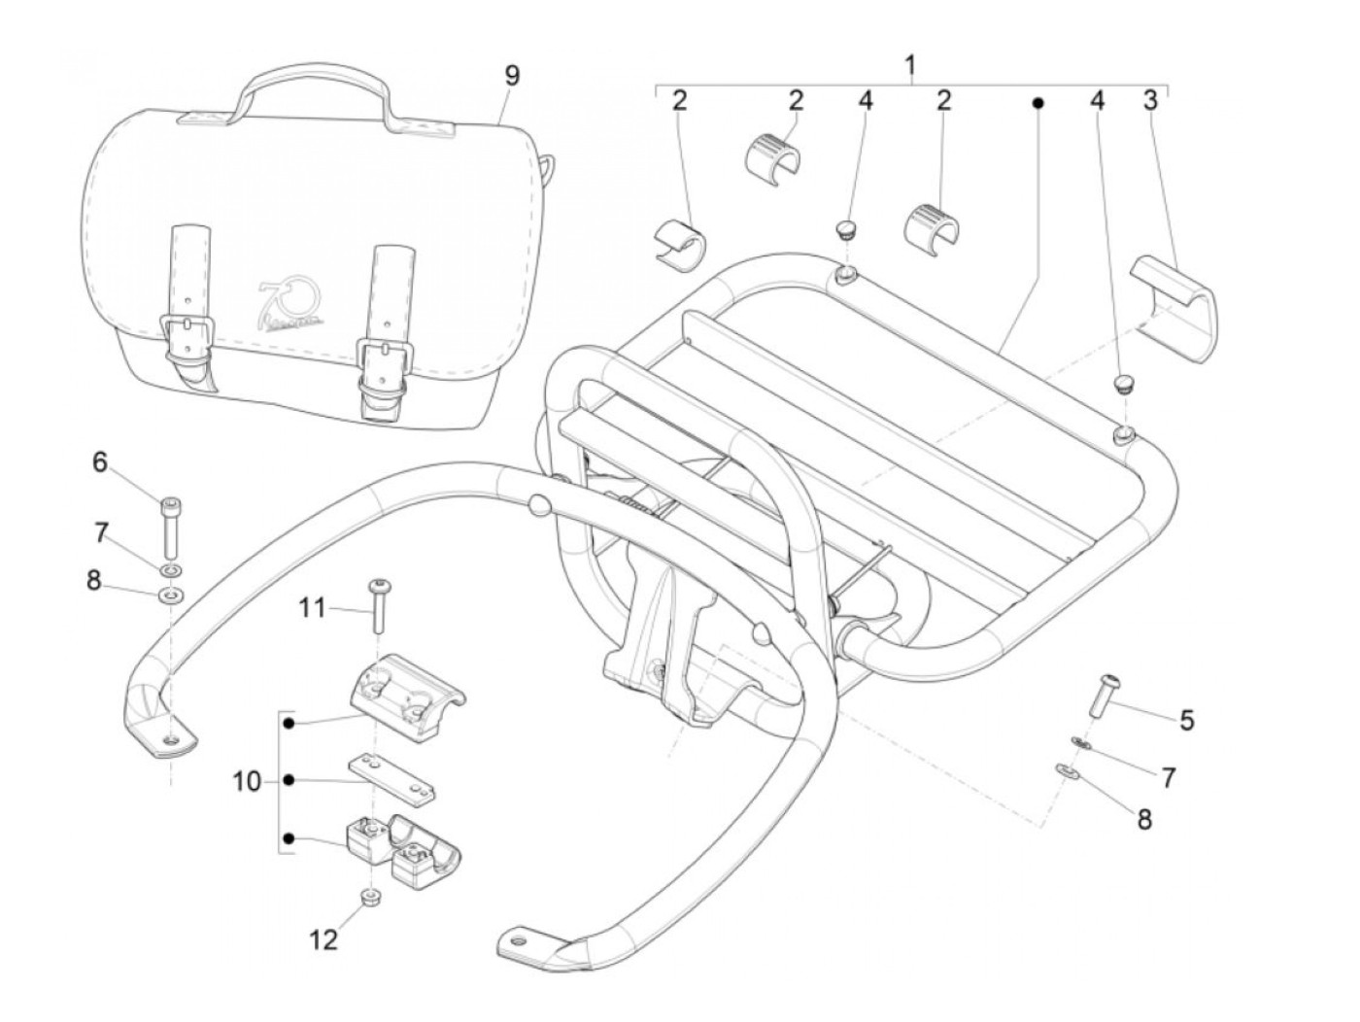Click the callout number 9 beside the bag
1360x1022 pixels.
[512, 76]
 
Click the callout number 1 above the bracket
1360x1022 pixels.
[910, 66]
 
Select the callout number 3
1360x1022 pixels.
[1150, 100]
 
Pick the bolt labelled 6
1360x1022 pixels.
[170, 525]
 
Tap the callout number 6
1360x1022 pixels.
[100, 462]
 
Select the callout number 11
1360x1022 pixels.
[312, 609]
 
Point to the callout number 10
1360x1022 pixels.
[247, 780]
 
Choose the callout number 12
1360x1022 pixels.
[323, 939]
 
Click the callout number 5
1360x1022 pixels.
[1187, 721]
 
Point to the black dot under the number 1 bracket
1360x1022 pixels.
[1037, 102]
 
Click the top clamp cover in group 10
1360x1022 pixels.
[406, 684]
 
